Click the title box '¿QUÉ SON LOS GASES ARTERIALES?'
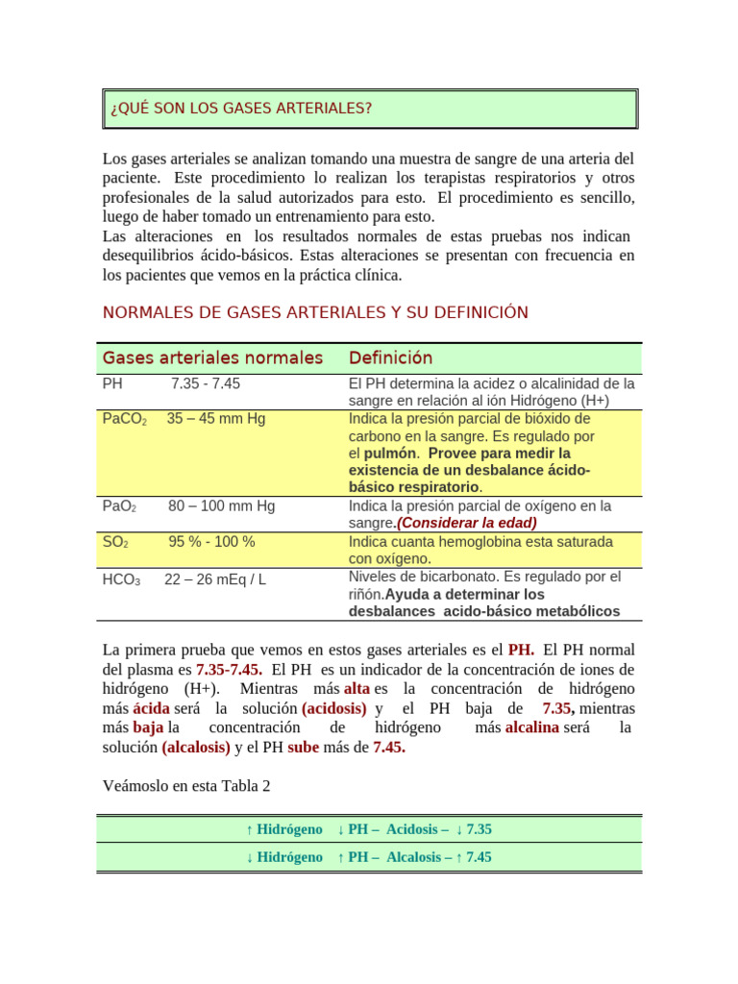[x=370, y=109]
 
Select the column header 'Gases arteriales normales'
[x=212, y=358]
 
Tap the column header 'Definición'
[x=390, y=358]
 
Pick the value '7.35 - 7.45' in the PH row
[x=206, y=383]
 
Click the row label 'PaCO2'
[x=124, y=419]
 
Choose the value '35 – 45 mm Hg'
[x=216, y=419]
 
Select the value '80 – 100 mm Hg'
[x=221, y=505]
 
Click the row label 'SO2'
[x=115, y=542]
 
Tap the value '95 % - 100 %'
[x=211, y=542]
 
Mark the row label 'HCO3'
[x=121, y=579]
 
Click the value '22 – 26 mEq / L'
[x=215, y=579]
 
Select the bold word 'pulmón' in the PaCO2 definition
[x=390, y=453]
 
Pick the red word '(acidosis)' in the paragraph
[x=333, y=708]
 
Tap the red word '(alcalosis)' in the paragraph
[x=196, y=748]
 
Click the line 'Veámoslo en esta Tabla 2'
[x=186, y=786]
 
